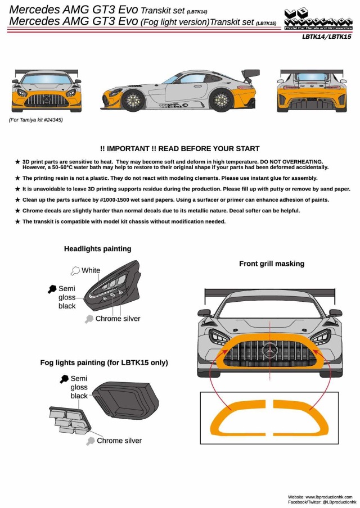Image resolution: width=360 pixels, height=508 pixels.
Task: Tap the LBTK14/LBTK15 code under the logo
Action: pos(326,37)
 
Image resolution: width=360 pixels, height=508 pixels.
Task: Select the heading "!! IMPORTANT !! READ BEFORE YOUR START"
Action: pos(179,148)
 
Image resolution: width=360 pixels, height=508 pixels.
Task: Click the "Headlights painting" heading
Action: pos(97,248)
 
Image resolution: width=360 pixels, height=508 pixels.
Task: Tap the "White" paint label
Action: pos(91,270)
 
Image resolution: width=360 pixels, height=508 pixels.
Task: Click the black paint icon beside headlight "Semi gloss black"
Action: pos(52,288)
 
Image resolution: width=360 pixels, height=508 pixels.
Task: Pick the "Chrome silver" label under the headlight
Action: pos(118,319)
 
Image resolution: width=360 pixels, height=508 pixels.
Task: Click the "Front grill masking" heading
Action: pos(272,263)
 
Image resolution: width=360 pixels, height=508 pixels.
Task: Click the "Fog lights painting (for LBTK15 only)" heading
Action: pos(104,362)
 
